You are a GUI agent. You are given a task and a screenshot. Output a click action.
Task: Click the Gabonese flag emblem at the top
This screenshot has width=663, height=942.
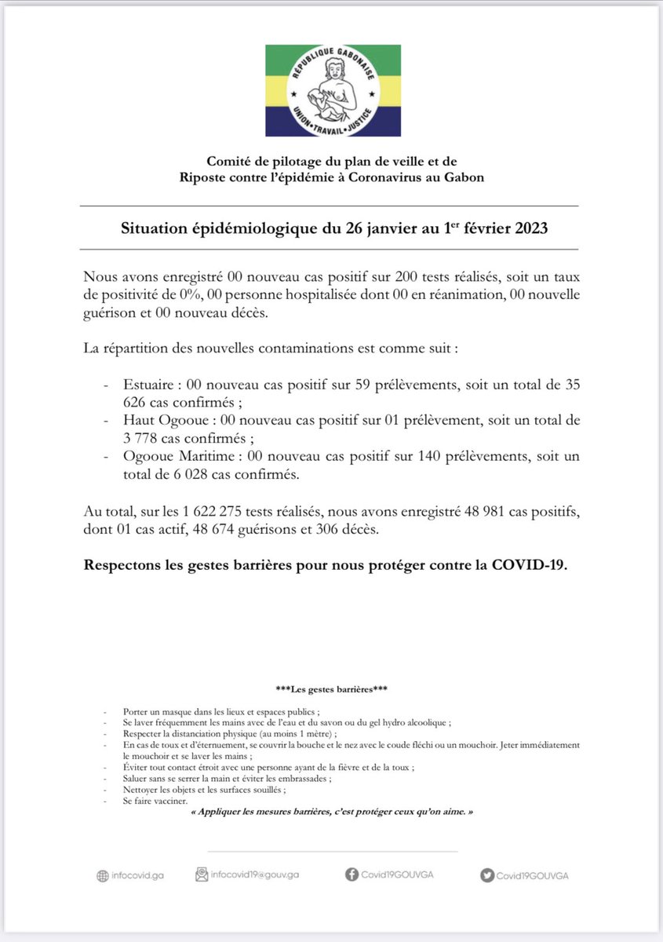(x=333, y=90)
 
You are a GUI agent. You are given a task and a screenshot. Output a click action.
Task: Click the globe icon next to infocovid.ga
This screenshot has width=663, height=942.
(x=102, y=876)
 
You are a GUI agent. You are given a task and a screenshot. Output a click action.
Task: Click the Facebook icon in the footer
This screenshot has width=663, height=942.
(x=352, y=874)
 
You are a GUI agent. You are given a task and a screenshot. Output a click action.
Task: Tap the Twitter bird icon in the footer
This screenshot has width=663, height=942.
(x=486, y=875)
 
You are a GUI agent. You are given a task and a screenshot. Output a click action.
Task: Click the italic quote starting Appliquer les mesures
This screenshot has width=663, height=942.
(x=332, y=813)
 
